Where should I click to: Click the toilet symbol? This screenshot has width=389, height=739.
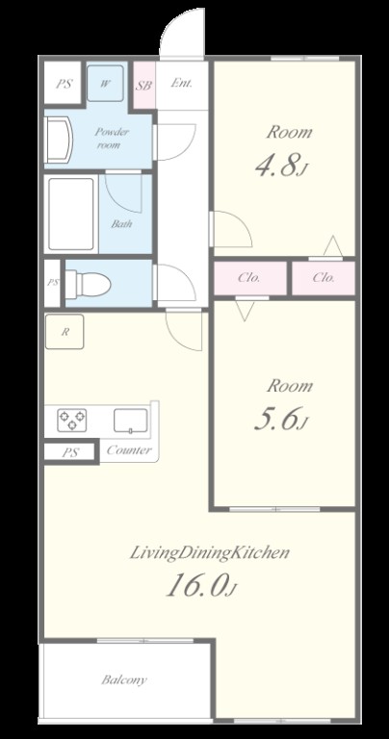pyautogui.click(x=88, y=284)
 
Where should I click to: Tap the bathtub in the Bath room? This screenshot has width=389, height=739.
pyautogui.click(x=70, y=214)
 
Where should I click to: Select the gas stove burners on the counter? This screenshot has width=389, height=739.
pyautogui.click(x=71, y=420)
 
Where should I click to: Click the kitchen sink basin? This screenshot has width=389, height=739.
pyautogui.click(x=130, y=420)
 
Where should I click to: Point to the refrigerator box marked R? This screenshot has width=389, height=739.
pyautogui.click(x=65, y=332)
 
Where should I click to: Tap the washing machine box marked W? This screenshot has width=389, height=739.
pyautogui.click(x=105, y=84)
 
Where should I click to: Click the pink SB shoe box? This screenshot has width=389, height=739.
pyautogui.click(x=143, y=86)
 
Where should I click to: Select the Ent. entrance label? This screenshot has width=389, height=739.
pyautogui.click(x=181, y=84)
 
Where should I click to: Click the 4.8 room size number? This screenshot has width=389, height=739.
pyautogui.click(x=278, y=166)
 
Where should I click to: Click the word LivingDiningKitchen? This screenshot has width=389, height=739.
pyautogui.click(x=209, y=552)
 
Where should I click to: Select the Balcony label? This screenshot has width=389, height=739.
pyautogui.click(x=124, y=679)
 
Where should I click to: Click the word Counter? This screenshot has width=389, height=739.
pyautogui.click(x=129, y=449)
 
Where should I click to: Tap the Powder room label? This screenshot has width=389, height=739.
pyautogui.click(x=112, y=139)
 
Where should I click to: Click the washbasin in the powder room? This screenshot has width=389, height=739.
pyautogui.click(x=59, y=140)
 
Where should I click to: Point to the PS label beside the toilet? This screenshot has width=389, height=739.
pyautogui.click(x=53, y=283)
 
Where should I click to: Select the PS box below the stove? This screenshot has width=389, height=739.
pyautogui.click(x=70, y=452)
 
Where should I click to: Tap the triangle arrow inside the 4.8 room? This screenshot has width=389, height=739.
pyautogui.click(x=333, y=245)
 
